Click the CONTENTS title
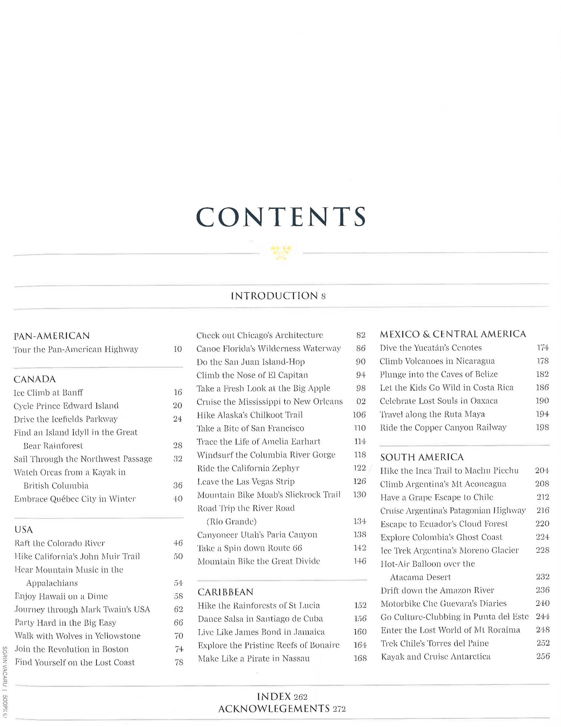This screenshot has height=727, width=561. tap(281, 217)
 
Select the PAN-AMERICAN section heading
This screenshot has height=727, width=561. tap(52, 336)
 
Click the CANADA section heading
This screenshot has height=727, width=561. tap(35, 379)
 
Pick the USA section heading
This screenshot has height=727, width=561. tap(24, 529)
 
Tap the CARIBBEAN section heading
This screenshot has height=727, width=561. tap(226, 592)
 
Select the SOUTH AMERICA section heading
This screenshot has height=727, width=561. tap(422, 457)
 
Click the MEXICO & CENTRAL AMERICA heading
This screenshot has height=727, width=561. tap(453, 334)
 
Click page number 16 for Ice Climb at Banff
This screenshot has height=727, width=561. tap(178, 392)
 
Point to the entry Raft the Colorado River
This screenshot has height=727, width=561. tap(59, 543)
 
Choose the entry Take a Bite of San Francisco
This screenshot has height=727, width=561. tap(250, 428)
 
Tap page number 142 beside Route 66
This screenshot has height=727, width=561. tap(360, 548)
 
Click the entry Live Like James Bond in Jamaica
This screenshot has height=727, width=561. tap(261, 632)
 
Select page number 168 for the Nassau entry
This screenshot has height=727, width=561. tap(360, 658)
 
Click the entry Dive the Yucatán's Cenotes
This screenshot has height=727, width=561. tap(430, 348)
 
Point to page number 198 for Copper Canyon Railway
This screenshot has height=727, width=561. tap(542, 427)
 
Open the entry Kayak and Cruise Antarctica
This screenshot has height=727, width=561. tap(436, 656)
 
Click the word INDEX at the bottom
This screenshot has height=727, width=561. tap(274, 696)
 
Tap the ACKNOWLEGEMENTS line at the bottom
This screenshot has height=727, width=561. tap(274, 708)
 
